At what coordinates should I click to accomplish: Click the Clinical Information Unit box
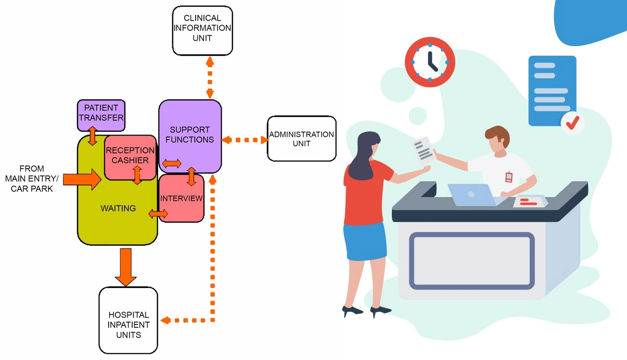pyautogui.click(x=202, y=30)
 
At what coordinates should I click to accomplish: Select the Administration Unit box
pyautogui.click(x=301, y=138)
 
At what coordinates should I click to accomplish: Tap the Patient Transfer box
pyautogui.click(x=101, y=115)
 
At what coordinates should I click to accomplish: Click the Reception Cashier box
pyautogui.click(x=130, y=156)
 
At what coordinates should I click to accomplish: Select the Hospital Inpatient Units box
pyautogui.click(x=128, y=320)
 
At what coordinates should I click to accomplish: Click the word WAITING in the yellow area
pyautogui.click(x=118, y=209)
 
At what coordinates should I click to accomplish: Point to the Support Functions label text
pyautogui.click(x=189, y=135)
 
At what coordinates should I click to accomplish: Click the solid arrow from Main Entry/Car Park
pyautogui.click(x=82, y=179)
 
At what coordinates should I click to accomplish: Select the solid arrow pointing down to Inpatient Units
pyautogui.click(x=126, y=268)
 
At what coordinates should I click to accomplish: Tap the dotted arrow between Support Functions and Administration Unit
pyautogui.click(x=245, y=140)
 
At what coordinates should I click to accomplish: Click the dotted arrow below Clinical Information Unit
pyautogui.click(x=210, y=77)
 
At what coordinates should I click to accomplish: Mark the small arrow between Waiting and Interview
pyautogui.click(x=158, y=213)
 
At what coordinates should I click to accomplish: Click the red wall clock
pyautogui.click(x=430, y=62)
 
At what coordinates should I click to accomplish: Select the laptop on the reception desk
pyautogui.click(x=471, y=195)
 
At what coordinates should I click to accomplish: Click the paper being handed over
pyautogui.click(x=424, y=149)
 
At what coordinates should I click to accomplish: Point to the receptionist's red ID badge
pyautogui.click(x=509, y=177)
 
